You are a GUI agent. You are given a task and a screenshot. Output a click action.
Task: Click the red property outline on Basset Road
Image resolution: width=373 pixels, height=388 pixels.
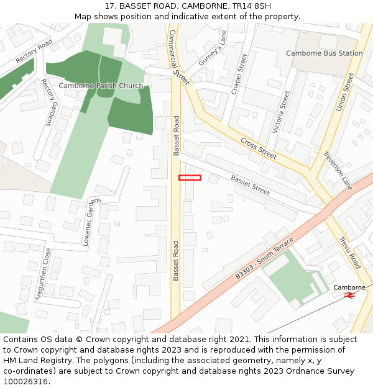(x=190, y=178)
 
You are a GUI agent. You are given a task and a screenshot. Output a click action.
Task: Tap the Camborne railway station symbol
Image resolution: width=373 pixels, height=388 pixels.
(x=349, y=296)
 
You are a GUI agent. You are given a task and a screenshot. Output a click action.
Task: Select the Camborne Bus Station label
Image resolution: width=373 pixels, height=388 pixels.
(x=324, y=53)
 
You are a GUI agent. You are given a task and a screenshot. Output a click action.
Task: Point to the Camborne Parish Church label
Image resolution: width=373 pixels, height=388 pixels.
(x=101, y=86)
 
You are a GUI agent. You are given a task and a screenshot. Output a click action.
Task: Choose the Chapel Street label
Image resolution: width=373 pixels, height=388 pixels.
(x=239, y=74)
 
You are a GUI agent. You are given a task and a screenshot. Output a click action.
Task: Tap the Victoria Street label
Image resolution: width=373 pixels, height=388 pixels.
(x=282, y=112)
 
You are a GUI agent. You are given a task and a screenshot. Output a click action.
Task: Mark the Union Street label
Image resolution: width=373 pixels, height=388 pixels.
(x=345, y=92)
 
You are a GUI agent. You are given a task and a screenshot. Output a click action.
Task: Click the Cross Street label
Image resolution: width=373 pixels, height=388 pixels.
(x=259, y=148)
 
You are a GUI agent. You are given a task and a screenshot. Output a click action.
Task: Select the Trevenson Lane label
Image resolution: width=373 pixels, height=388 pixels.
(x=338, y=171)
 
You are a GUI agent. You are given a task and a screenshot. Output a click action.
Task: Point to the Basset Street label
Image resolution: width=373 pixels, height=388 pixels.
(x=250, y=185)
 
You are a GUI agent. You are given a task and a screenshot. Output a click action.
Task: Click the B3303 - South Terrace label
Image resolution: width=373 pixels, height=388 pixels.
(x=264, y=261)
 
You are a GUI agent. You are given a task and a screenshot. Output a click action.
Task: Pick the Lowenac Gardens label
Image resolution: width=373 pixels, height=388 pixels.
(x=91, y=222)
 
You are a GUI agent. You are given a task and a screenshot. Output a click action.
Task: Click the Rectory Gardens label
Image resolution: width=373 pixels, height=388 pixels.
(x=48, y=102)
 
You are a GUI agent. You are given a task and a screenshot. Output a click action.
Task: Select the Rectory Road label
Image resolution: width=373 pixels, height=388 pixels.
(x=34, y=51)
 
